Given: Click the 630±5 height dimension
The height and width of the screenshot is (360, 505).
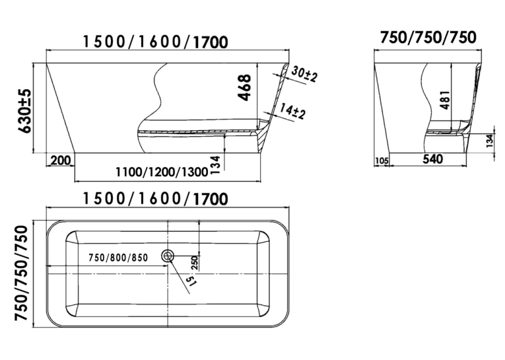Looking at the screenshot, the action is pos(26,111).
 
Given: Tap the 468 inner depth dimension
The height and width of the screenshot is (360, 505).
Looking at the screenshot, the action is pos(244,87).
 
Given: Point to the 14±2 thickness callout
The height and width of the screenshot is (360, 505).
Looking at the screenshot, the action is pos(292,111).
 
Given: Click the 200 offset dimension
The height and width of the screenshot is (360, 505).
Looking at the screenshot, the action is pos(61,160).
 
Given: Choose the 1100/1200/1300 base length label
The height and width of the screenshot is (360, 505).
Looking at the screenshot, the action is pos(162,172).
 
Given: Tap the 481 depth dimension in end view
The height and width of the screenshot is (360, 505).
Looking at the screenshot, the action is pos(445,100).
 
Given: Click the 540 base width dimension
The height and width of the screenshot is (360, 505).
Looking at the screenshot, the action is pos(432,159).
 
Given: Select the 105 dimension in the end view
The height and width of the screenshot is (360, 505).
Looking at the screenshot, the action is pos(382,161).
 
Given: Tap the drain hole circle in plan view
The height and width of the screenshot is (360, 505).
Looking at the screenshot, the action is pos(168,256).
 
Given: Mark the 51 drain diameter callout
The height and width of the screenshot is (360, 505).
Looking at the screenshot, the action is pos(191,281).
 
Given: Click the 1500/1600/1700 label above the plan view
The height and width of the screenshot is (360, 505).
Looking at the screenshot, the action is pos(156,199).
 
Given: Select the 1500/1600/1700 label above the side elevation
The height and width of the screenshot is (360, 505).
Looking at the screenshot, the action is pos(156,42).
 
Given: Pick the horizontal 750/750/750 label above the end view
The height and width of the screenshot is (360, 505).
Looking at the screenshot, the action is pos(428,38).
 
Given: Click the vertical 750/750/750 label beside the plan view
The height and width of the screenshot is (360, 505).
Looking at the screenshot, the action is pos(22,273).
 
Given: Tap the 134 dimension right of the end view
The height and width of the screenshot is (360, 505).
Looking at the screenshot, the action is pos(489,141).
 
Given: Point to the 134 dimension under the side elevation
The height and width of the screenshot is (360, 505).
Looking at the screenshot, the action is pos(216,165).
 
